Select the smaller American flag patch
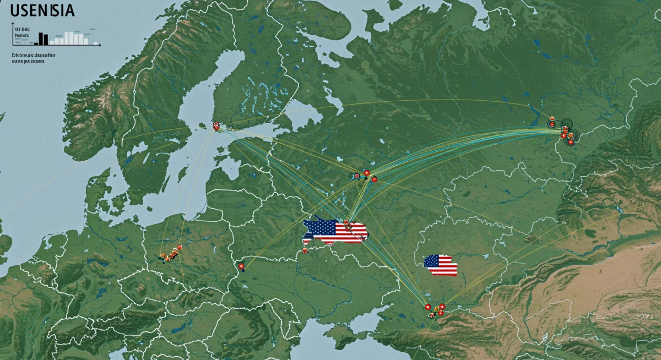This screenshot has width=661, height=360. pos(441,265)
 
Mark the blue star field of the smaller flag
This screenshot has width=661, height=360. pos(431,260)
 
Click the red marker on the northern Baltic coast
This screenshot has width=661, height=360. pos(216,126)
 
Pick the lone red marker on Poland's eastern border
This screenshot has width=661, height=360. pos(241,266)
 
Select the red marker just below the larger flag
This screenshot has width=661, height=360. pos(304,250)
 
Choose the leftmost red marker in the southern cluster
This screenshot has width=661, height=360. pos(427,307)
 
